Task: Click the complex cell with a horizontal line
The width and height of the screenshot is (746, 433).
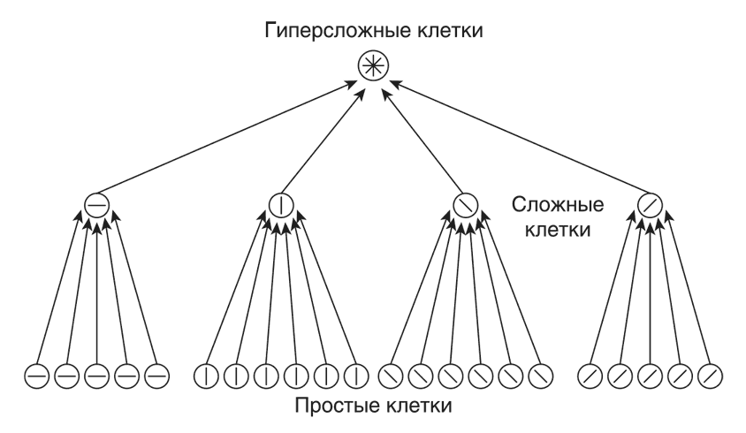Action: click(96, 206)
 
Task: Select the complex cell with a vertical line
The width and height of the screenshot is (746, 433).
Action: click(280, 206)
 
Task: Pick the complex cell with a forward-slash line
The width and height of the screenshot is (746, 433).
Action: click(649, 206)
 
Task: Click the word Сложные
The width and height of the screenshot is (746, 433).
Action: click(558, 205)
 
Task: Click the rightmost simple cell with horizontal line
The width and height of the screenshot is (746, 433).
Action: click(156, 376)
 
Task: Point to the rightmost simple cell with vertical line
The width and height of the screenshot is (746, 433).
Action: click(356, 376)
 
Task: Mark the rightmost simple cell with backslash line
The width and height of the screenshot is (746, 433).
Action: click(540, 376)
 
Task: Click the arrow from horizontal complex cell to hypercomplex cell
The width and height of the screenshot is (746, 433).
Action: click(230, 137)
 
